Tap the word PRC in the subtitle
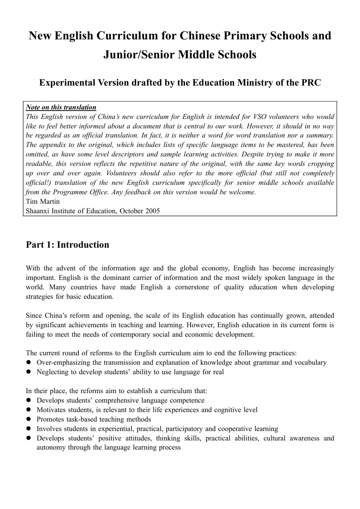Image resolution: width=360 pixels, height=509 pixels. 310,83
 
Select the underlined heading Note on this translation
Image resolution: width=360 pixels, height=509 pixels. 61,107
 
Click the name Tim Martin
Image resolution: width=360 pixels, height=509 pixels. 43,201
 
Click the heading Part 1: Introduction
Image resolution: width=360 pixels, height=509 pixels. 67,245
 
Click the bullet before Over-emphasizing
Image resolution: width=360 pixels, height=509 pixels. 28,362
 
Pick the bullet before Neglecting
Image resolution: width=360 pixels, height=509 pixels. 28,372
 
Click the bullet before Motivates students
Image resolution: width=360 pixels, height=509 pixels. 28,410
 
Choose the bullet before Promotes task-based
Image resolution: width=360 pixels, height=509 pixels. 28,419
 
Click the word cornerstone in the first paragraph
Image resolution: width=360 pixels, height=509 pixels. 192,287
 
